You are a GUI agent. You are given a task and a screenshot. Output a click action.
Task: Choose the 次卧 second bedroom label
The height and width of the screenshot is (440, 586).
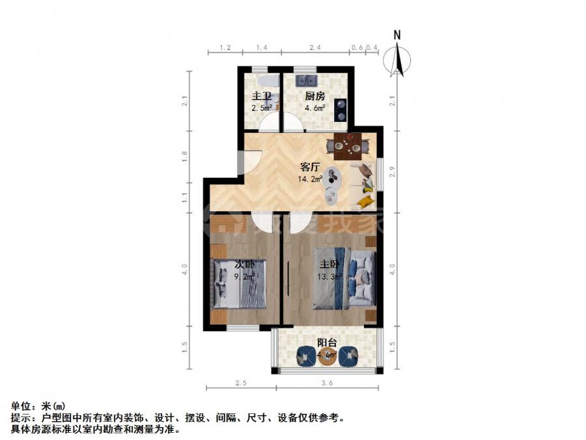click(244, 265)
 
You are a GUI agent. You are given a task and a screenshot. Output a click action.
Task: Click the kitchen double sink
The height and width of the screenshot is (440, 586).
click(305, 81)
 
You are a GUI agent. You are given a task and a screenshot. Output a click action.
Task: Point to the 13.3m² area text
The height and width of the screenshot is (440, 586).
click(329, 276)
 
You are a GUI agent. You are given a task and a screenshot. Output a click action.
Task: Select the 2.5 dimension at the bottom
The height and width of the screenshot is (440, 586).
click(241, 383)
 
